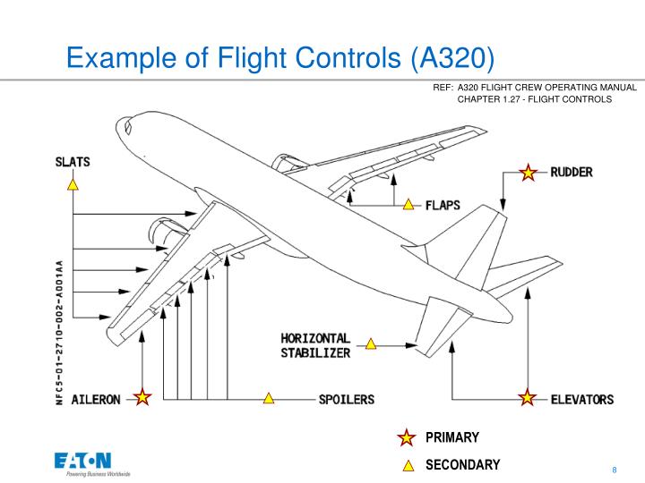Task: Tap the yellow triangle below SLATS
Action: [x=73, y=185]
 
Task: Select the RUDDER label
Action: [x=571, y=172]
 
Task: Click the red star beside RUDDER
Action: [x=529, y=173]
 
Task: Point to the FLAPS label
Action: [x=443, y=205]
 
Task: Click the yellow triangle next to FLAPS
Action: [x=408, y=205]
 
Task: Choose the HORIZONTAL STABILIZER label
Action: [x=315, y=345]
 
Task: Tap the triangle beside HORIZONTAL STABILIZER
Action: [x=370, y=343]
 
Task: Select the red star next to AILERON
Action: [x=142, y=398]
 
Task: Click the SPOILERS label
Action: [x=347, y=399]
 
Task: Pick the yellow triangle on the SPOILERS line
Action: [x=268, y=398]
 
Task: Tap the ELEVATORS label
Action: [x=581, y=399]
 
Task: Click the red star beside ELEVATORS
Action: [x=529, y=398]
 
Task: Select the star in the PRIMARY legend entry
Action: [x=407, y=437]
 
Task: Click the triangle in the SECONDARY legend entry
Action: [x=407, y=464]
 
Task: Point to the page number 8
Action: [x=615, y=470]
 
